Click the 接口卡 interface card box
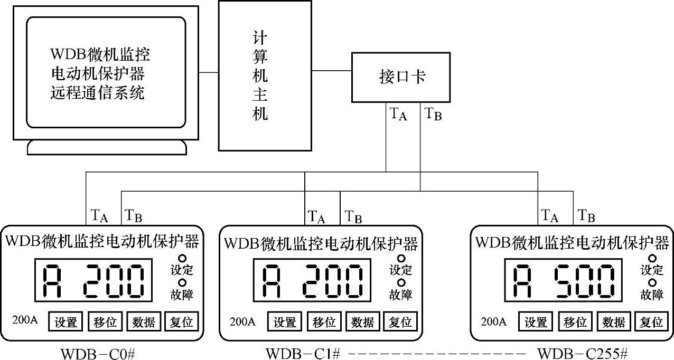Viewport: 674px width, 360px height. click(401, 77)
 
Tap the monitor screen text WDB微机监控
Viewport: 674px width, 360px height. click(100, 54)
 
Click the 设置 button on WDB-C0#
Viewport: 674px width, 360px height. click(66, 321)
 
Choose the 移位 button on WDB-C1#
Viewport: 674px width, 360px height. click(324, 321)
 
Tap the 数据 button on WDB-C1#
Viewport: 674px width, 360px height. click(362, 321)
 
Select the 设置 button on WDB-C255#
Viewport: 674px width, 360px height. click(536, 321)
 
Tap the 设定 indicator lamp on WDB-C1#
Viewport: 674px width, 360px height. click(401, 259)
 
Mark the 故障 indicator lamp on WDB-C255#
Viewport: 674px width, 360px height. click(652, 283)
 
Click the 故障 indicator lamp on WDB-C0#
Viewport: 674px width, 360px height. click(182, 283)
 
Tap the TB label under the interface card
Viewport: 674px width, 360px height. click(433, 113)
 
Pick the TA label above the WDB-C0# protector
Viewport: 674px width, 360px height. click(99, 215)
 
